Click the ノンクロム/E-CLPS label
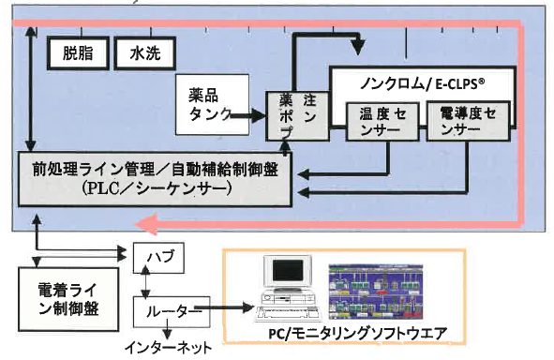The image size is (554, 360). [422, 81]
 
